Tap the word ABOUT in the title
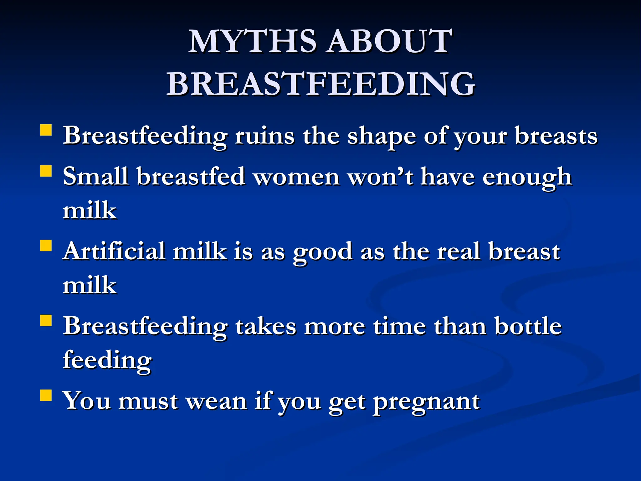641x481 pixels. point(389,42)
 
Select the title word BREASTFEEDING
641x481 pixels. point(320,84)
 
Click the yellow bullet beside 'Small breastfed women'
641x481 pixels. point(46,171)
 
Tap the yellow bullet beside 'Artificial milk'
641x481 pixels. point(46,246)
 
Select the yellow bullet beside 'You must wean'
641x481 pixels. point(46,395)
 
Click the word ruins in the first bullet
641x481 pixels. point(264,136)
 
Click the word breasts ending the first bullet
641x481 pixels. point(556,136)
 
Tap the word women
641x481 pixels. point(296,177)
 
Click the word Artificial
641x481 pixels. point(114,251)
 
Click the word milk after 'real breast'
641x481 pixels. point(90,285)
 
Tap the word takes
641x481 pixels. point(265,326)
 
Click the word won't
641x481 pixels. point(380,177)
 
